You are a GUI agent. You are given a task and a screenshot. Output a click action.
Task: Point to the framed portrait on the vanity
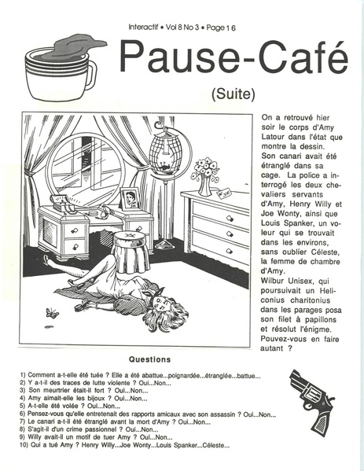click(130, 199)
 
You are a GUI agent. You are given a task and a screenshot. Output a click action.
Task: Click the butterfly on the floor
click(52, 313)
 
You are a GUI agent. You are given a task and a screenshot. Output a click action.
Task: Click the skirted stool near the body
click(130, 252)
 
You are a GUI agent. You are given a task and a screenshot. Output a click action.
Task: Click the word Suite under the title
click(233, 94)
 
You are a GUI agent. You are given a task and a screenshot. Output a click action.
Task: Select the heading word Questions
click(149, 359)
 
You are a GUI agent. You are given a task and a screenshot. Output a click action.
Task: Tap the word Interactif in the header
click(143, 28)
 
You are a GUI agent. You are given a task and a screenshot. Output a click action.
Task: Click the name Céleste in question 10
click(215, 445)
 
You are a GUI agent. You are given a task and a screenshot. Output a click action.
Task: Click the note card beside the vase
click(225, 192)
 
